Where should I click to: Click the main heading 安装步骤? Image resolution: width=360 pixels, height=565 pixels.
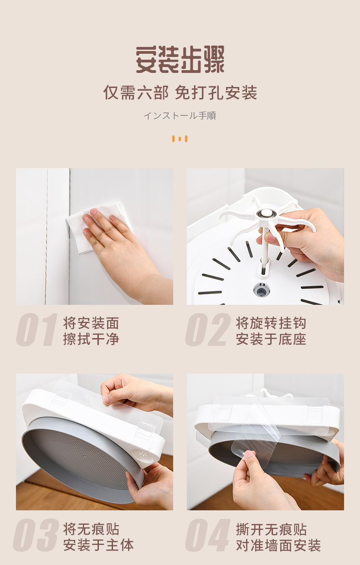coord(180,60)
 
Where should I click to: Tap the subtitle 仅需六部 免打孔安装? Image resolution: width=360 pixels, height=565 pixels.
coord(180,92)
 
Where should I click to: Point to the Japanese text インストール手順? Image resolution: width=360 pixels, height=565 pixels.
coord(180,116)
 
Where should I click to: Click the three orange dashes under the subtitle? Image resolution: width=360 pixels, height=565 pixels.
coord(180,139)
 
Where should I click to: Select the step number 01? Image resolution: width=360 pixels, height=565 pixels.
coord(37,329)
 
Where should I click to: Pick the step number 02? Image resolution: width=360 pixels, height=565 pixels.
coord(208,329)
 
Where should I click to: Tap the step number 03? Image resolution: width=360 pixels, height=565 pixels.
coord(36,535)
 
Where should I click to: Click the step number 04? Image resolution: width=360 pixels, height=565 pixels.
coord(208,535)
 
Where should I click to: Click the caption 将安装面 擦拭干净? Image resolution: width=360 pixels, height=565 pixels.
coord(91,331)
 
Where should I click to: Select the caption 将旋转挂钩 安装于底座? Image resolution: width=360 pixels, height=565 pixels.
coord(271,331)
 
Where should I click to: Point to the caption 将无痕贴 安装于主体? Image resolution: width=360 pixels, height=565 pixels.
coord(98,537)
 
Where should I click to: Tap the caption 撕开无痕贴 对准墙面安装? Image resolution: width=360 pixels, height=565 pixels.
coord(278,537)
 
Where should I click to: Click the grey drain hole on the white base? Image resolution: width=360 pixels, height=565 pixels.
coord(262,290)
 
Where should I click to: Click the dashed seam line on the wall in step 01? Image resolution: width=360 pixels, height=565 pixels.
coord(46,236)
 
